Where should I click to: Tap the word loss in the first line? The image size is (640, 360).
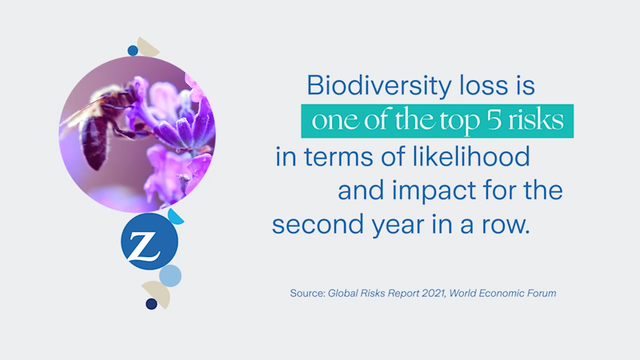tap(483, 85)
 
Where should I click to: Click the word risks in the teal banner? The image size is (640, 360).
tap(535, 120)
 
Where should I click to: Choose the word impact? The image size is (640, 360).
tap(433, 191)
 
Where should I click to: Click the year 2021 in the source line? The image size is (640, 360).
tap(434, 293)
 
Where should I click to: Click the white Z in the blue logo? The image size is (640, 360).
tap(143, 246)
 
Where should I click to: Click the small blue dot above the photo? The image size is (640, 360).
tap(132, 50)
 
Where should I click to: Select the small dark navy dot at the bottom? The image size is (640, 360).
tap(151, 304)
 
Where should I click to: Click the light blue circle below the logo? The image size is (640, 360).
tap(170, 275)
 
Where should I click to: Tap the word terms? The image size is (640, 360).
tap(338, 157)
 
